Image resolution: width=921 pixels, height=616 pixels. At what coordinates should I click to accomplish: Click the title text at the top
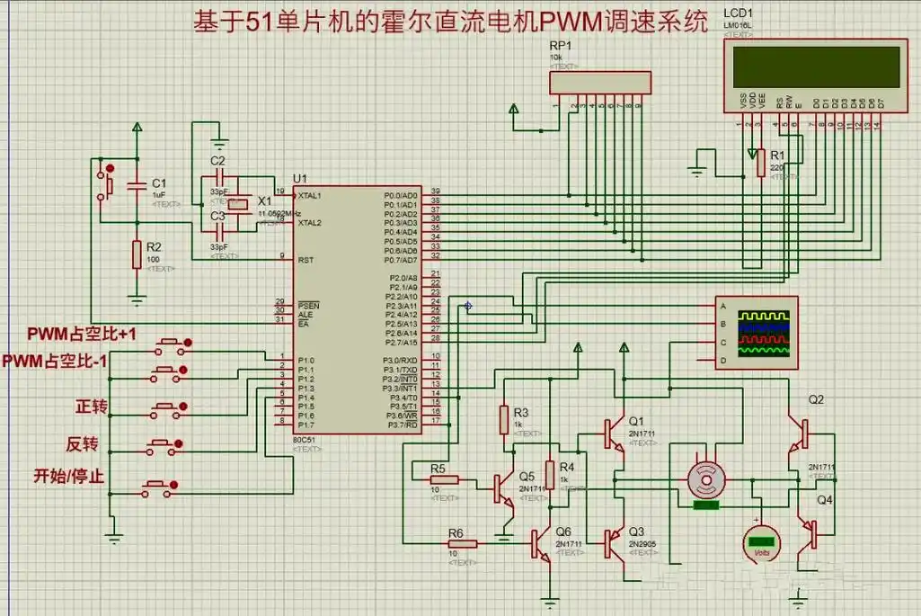click(x=449, y=22)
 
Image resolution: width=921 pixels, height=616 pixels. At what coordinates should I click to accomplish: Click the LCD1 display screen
click(x=817, y=67)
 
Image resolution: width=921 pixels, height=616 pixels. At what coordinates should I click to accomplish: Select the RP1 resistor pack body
click(x=598, y=83)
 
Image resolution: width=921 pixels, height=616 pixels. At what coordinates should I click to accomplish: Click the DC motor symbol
click(x=704, y=480)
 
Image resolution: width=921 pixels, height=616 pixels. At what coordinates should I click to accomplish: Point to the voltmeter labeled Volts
click(x=762, y=541)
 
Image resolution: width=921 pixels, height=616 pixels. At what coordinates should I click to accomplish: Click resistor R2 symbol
click(x=136, y=254)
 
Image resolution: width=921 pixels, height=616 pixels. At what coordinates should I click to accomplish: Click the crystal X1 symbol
click(x=236, y=205)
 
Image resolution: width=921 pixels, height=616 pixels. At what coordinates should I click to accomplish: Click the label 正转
click(x=92, y=407)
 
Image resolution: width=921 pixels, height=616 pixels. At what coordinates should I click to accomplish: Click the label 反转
click(x=92, y=445)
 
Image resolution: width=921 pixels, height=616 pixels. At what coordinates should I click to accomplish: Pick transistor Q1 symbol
click(x=616, y=433)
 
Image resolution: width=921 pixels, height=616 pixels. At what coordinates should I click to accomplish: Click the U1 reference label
click(x=299, y=178)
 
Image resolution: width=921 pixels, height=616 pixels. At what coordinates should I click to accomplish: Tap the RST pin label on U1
click(x=305, y=259)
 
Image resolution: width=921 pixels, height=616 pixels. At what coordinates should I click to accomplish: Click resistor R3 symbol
click(x=505, y=419)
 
